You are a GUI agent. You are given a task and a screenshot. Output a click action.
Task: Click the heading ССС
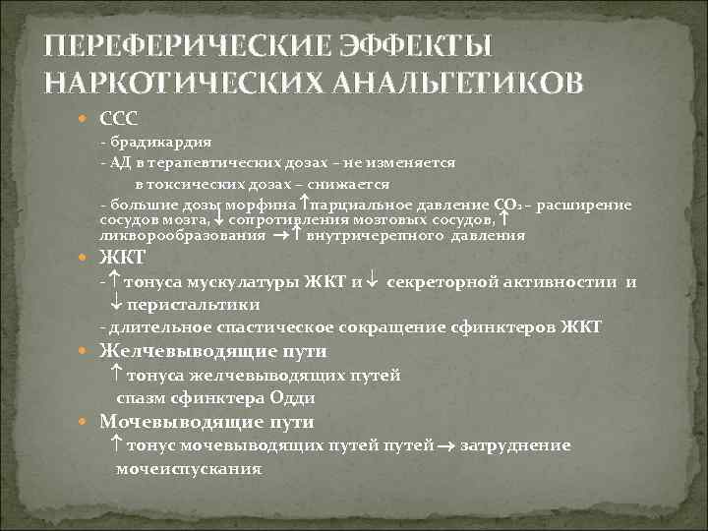click(120, 119)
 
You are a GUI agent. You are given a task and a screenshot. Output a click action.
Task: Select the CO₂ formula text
click(508, 205)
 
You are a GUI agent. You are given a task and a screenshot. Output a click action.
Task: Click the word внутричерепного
click(365, 236)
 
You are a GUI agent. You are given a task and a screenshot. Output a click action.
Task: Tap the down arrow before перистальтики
click(117, 305)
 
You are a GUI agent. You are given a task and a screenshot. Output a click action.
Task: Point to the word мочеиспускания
click(189, 469)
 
